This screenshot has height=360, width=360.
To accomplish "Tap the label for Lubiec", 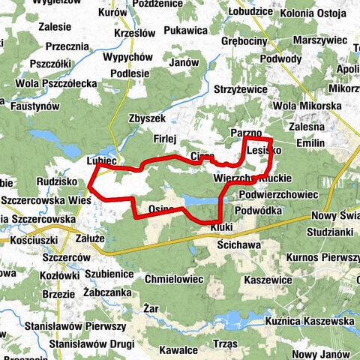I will pos(101,160).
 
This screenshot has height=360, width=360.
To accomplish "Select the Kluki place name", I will pos(223,226).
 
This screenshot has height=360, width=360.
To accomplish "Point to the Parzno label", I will pos(246,133).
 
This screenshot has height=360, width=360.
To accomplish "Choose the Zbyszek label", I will pos(147,120).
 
